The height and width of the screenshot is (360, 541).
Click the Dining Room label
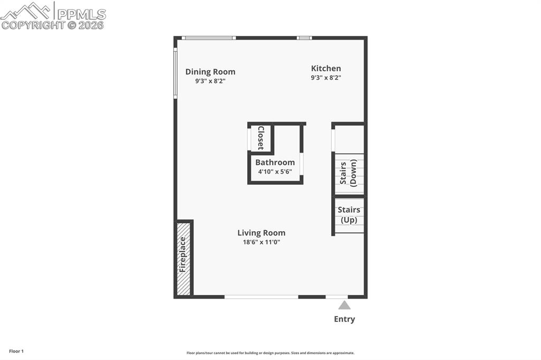click(x=210, y=72)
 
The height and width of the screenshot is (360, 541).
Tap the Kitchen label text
click(x=325, y=68)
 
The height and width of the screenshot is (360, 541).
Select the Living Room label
click(x=261, y=233)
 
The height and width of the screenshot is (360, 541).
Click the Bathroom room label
click(x=275, y=163)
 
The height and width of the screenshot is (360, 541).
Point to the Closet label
click(x=260, y=138)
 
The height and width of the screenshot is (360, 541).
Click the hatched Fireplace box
click(x=183, y=258)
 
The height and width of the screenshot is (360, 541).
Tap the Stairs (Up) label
click(x=349, y=215)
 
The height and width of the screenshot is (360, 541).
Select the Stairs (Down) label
click(x=348, y=173)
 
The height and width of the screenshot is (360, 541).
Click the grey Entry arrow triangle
click(x=344, y=305)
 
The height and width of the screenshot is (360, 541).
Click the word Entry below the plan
click(x=344, y=319)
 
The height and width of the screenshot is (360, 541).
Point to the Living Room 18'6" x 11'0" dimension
click(x=261, y=242)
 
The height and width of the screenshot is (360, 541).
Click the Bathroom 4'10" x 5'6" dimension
click(x=275, y=172)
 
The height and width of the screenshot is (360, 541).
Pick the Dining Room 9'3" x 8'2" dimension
click(x=210, y=81)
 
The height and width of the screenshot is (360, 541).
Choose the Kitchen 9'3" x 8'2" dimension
click(x=325, y=78)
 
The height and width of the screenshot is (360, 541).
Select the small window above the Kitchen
click(x=304, y=38)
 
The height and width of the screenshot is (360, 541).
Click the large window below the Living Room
click(x=261, y=297)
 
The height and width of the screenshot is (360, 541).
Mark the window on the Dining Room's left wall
click(x=175, y=73)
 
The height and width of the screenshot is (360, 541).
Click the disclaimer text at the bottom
click(x=270, y=353)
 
